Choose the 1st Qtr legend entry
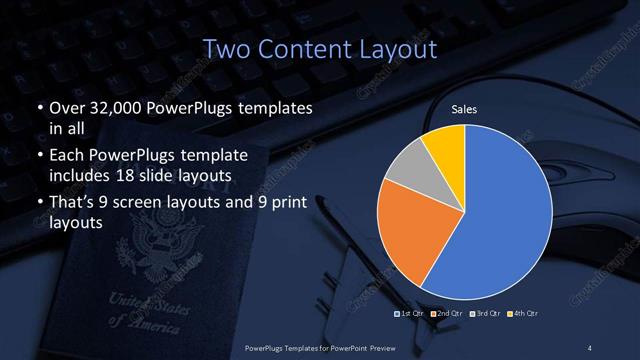click(409, 313)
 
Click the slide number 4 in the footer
click(591, 347)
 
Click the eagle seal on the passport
click(160, 245)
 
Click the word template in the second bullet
click(215, 156)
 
